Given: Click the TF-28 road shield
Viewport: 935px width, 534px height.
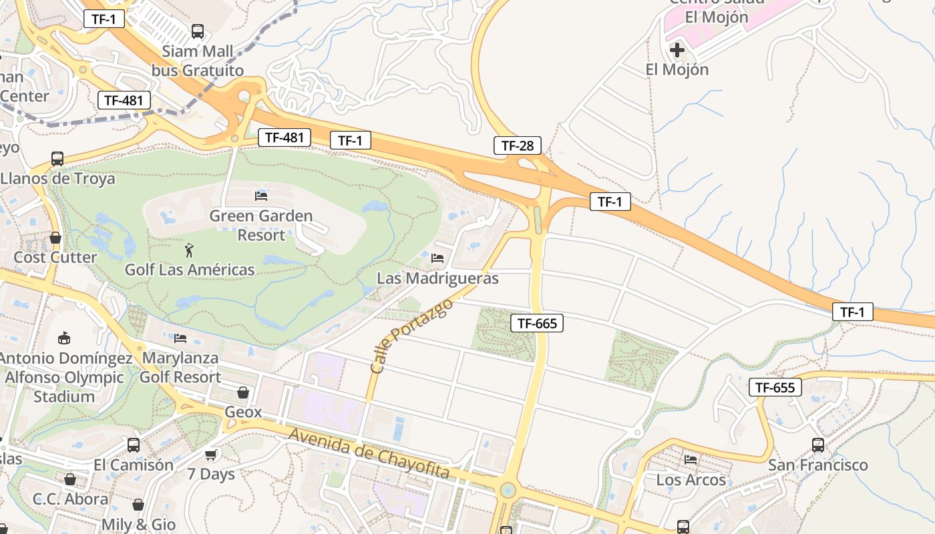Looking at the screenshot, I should point(518,146).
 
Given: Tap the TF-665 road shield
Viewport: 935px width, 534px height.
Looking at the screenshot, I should point(537,324).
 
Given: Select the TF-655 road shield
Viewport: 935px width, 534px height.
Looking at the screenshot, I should point(775,387).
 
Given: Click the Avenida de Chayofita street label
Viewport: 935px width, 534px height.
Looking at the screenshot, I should point(369,454).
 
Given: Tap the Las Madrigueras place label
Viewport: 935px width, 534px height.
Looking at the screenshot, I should point(437,278).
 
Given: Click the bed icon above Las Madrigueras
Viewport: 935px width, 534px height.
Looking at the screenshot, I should point(437,258).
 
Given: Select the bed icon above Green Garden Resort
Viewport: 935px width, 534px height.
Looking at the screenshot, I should point(261,196).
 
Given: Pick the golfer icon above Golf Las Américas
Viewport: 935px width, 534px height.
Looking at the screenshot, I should point(190,250).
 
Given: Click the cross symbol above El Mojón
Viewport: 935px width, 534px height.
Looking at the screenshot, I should point(677,49).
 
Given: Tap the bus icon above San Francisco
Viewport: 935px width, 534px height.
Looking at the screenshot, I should point(817,445).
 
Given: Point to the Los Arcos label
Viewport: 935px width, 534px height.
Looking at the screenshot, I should point(691,480).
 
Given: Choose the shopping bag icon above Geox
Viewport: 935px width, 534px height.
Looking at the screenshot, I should point(243,392).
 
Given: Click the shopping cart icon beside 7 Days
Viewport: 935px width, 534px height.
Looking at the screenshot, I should point(211,455).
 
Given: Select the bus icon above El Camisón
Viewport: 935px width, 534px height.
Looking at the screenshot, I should point(134,445).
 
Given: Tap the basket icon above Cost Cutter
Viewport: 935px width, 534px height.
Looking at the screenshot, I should point(55,238).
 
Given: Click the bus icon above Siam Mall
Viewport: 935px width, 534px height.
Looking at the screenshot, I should point(198,31).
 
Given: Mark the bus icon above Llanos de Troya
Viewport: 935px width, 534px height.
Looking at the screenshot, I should point(57,159).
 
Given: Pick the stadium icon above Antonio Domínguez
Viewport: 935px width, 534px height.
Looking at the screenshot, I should point(64,338).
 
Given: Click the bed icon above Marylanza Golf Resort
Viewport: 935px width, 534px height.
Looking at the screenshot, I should point(180,338).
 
